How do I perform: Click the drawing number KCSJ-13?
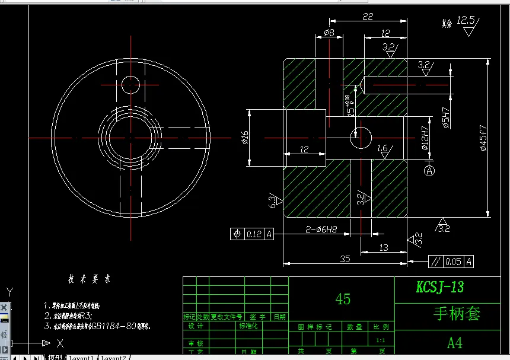(439, 288)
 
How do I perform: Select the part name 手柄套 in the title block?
(456, 313)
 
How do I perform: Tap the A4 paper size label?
(455, 343)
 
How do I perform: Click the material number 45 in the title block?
(343, 299)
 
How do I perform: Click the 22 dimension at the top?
(368, 17)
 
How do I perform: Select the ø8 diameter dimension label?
(329, 33)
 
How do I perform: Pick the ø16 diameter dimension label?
(244, 138)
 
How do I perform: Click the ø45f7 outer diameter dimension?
(483, 139)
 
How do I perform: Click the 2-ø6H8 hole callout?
(321, 228)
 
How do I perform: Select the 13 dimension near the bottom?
(383, 247)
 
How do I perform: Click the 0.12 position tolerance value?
(254, 234)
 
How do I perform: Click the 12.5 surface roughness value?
(466, 20)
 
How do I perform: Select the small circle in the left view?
(130, 84)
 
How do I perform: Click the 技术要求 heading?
(89, 279)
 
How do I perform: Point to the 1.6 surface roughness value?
(382, 148)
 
